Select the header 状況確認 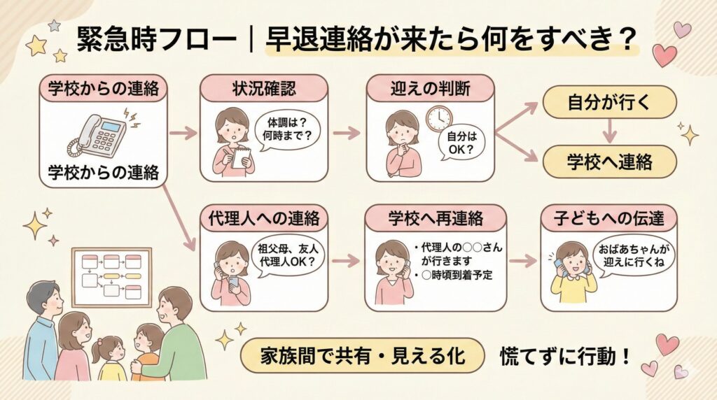tap(264, 89)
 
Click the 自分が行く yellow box tap(608, 102)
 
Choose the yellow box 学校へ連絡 tap(608, 162)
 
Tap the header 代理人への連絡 tap(264, 218)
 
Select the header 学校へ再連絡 tap(435, 218)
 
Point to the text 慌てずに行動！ tap(564, 356)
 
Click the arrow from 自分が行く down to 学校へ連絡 tap(608, 131)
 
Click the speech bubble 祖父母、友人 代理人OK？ tap(286, 257)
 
